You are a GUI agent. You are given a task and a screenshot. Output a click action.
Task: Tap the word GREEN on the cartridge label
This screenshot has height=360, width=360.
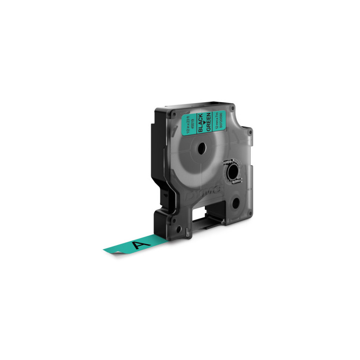point(208,122)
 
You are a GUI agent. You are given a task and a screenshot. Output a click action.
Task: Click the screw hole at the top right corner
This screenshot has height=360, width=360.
point(232,108)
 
